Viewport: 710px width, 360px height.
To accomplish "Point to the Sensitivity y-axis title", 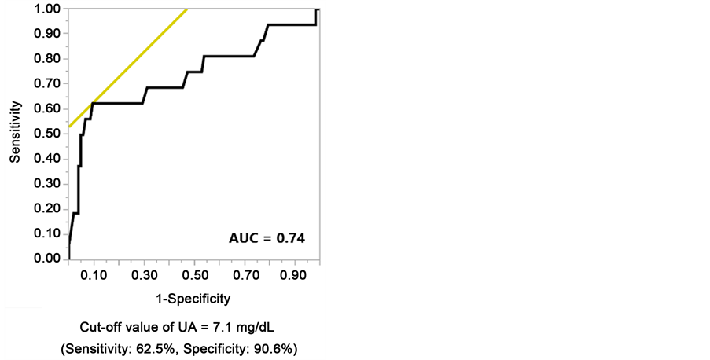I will tap(14, 131).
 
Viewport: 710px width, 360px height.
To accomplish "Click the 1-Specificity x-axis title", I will tap(192, 298).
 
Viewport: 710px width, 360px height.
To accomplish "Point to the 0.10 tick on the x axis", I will tap(94, 277).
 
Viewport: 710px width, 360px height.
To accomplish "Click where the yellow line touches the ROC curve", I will tap(93, 103).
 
